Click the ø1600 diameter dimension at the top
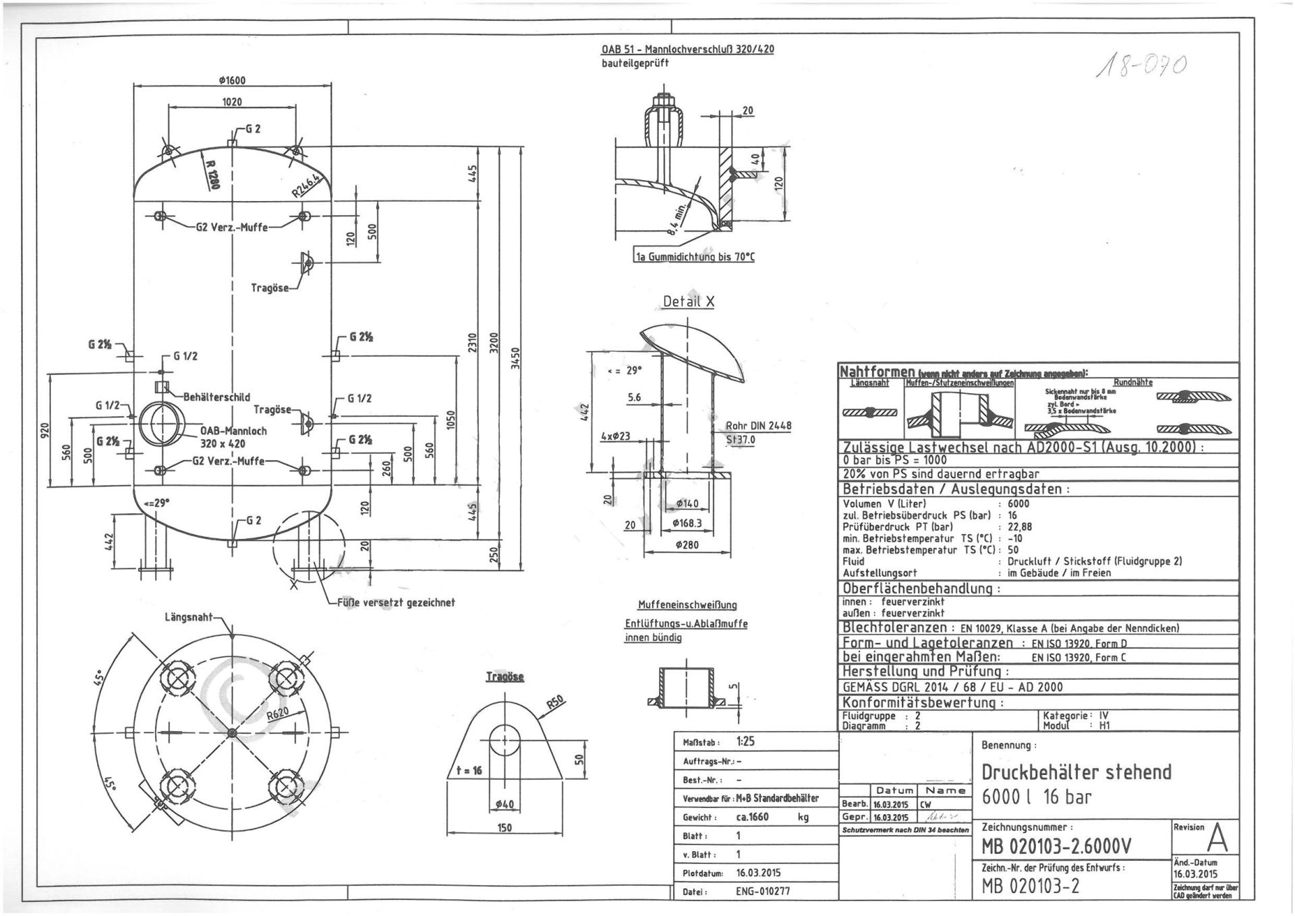232,80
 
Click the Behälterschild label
217,397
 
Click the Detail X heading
688,302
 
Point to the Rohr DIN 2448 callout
758,426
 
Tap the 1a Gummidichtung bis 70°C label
695,257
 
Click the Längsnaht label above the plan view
188,617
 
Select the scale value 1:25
745,741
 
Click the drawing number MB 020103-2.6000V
1056,847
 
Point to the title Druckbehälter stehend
1076,772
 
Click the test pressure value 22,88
1020,527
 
